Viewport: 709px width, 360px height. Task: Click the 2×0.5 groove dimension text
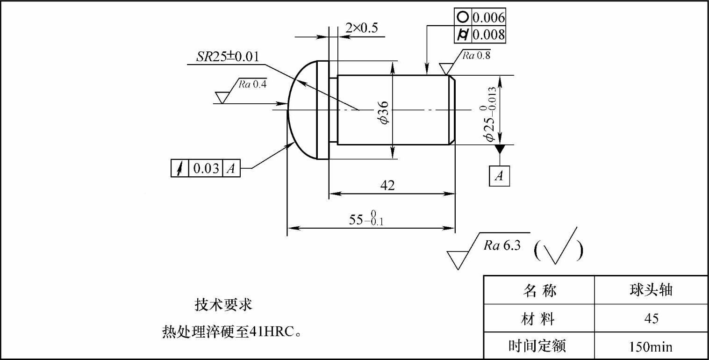pyautogui.click(x=361, y=28)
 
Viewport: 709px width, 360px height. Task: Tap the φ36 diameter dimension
pyautogui.click(x=384, y=113)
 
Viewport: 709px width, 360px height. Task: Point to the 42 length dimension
pyautogui.click(x=387, y=185)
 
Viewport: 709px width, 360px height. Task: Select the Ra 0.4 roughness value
pyautogui.click(x=252, y=84)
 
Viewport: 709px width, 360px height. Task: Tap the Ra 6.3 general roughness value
pyautogui.click(x=502, y=246)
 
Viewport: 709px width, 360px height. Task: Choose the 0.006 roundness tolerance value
pyautogui.click(x=488, y=18)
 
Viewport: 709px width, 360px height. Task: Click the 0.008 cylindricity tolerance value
pyautogui.click(x=488, y=35)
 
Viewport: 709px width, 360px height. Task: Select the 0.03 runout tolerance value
pyautogui.click(x=206, y=168)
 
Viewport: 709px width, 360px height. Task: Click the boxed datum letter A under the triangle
pyautogui.click(x=500, y=176)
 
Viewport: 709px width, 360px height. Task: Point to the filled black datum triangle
pyautogui.click(x=500, y=149)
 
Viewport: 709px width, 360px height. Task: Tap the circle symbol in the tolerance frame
pyautogui.click(x=462, y=17)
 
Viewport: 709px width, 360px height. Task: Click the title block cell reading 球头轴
pyautogui.click(x=651, y=290)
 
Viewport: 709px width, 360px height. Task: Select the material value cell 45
pyautogui.click(x=651, y=319)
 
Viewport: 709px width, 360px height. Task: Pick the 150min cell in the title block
pyautogui.click(x=651, y=347)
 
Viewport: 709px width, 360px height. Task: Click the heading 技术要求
pyautogui.click(x=223, y=305)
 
